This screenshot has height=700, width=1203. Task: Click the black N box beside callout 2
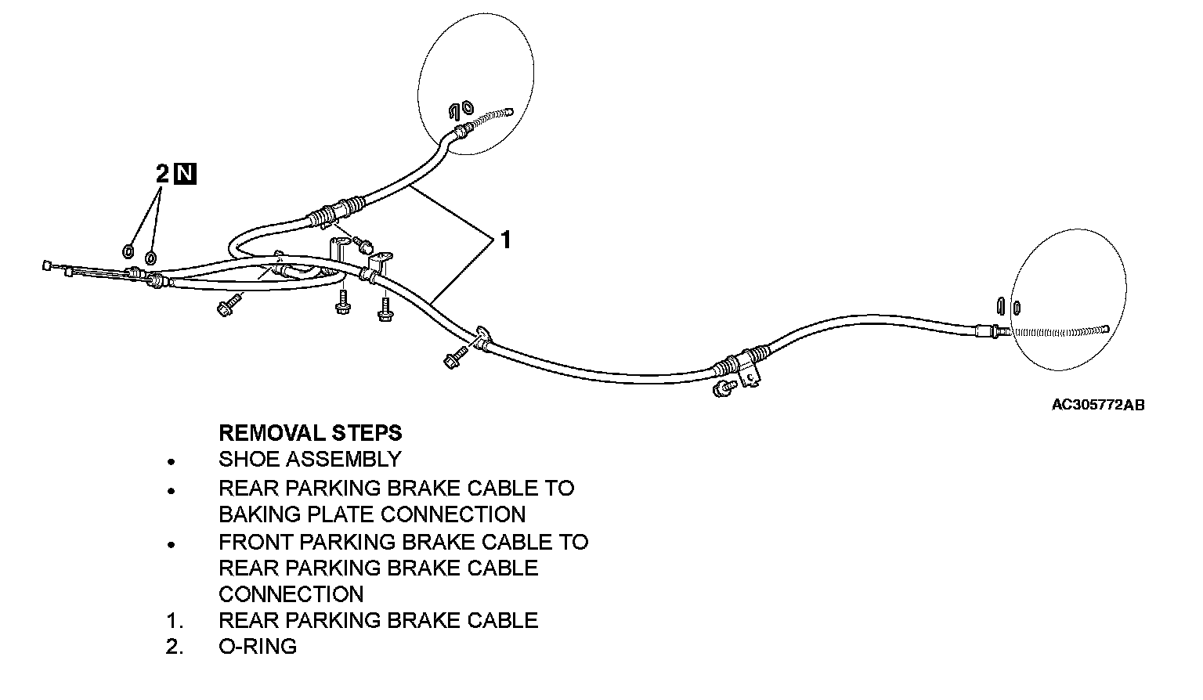pyautogui.click(x=186, y=174)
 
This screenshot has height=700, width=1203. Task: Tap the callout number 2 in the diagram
pyautogui.click(x=162, y=174)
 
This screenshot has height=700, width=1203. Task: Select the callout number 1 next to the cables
pyautogui.click(x=505, y=240)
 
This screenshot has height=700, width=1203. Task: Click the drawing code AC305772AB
pyautogui.click(x=1097, y=405)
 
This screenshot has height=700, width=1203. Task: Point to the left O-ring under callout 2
pyautogui.click(x=128, y=251)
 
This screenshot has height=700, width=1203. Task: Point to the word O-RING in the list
pyautogui.click(x=258, y=647)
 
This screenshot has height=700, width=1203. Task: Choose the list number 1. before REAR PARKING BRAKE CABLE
pyautogui.click(x=175, y=621)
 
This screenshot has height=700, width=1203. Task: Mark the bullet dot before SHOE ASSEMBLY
pyautogui.click(x=170, y=462)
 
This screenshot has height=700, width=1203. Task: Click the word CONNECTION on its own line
pyautogui.click(x=291, y=594)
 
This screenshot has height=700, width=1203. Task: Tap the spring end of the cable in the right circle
pyautogui.click(x=1057, y=330)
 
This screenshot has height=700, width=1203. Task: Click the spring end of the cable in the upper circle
pyautogui.click(x=492, y=116)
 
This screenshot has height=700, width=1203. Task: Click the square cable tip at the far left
pyautogui.click(x=47, y=266)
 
